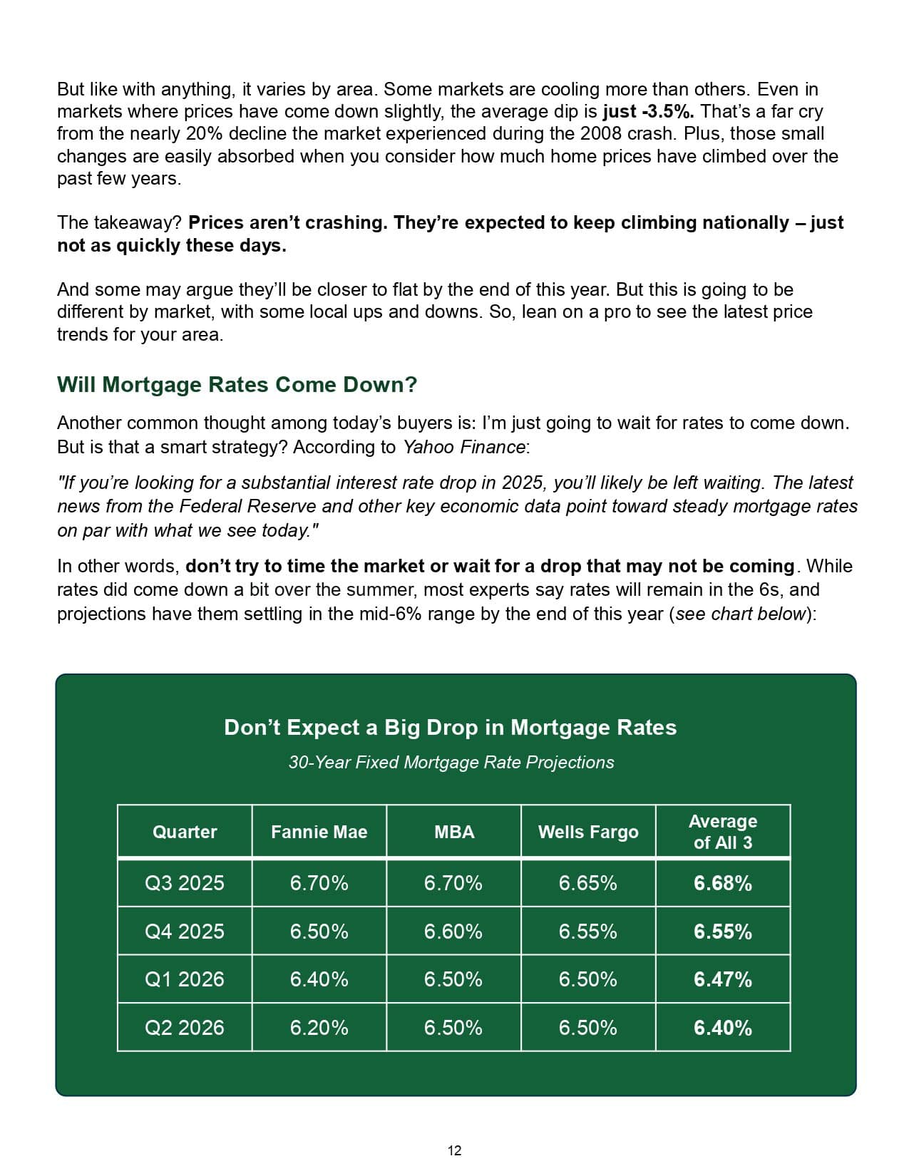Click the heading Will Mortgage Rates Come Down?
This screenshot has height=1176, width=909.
click(x=237, y=385)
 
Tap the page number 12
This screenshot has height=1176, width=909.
click(x=454, y=1150)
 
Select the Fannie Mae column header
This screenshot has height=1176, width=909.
click(x=319, y=832)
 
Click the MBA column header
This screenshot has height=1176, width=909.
click(x=454, y=832)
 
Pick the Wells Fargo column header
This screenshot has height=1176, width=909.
click(x=588, y=832)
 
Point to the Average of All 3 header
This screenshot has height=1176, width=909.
click(x=723, y=832)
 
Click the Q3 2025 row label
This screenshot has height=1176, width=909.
click(x=185, y=883)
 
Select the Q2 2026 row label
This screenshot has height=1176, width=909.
click(x=185, y=1028)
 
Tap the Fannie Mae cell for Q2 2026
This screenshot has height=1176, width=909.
click(x=319, y=1028)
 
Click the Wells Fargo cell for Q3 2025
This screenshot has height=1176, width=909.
click(x=588, y=883)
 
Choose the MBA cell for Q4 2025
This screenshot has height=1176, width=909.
click(x=453, y=932)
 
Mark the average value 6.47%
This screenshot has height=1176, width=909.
click(x=723, y=979)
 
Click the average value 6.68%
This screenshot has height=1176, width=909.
click(x=723, y=883)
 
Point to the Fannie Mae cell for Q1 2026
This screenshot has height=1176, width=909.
click(x=319, y=979)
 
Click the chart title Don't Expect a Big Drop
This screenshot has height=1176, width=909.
click(x=450, y=728)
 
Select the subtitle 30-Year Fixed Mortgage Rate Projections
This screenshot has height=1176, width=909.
click(x=451, y=763)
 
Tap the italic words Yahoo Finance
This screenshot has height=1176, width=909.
click(x=464, y=447)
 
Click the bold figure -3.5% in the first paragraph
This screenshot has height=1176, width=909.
click(x=667, y=112)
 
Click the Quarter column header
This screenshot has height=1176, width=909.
click(x=185, y=832)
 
